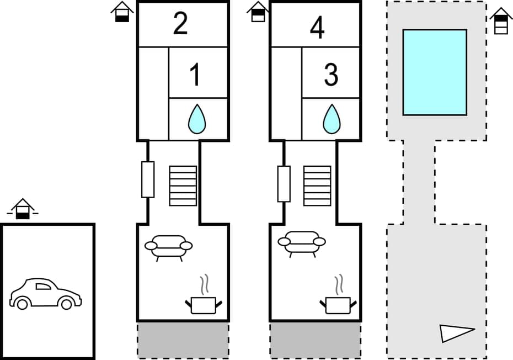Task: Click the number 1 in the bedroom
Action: click(x=195, y=75)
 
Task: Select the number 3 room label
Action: click(x=330, y=75)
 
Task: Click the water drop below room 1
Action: click(x=197, y=119)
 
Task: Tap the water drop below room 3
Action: click(x=332, y=119)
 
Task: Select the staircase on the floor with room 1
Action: click(x=183, y=186)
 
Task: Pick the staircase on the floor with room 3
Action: click(x=318, y=186)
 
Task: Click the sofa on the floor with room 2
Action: click(x=168, y=246)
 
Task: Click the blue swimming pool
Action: click(x=435, y=72)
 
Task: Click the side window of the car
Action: click(x=43, y=285)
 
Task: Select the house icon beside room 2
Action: click(x=122, y=12)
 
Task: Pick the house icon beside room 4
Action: click(x=258, y=12)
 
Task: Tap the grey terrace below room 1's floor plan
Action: click(x=183, y=340)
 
